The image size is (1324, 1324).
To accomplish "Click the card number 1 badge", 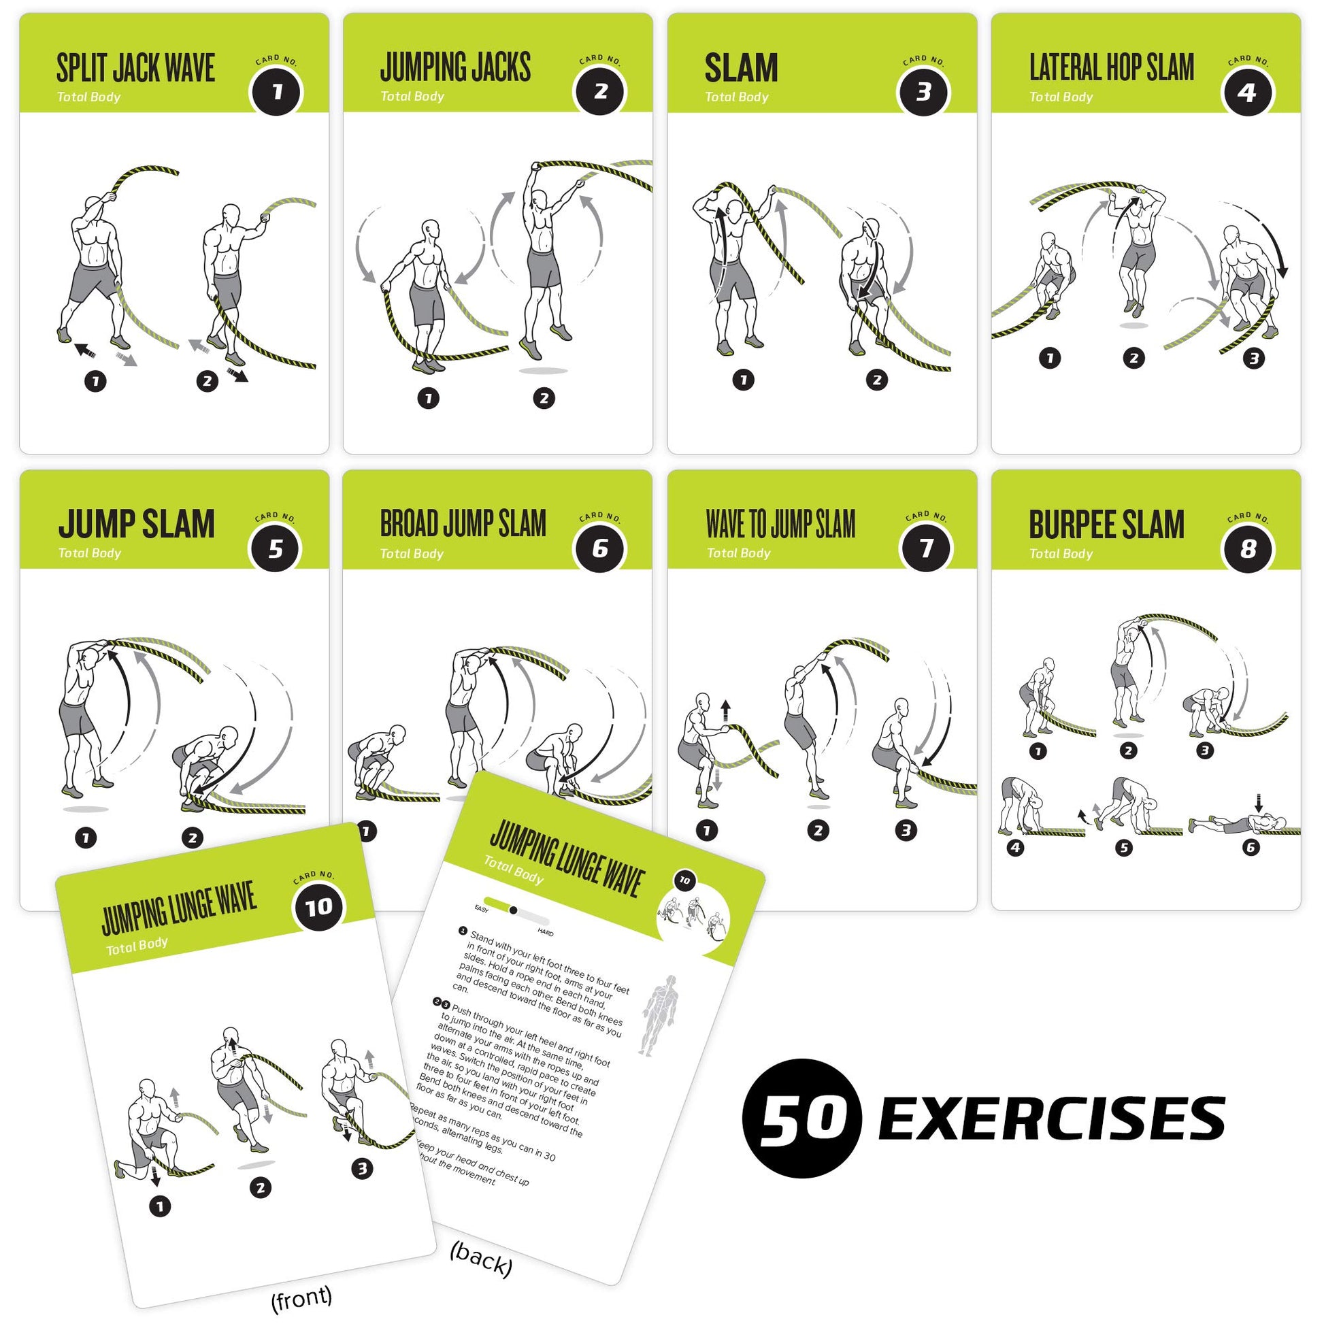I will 277,92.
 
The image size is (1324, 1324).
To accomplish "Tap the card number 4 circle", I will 1247,92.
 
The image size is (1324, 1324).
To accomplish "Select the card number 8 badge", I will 1248,548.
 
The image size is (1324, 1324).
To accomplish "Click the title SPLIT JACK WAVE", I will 135,69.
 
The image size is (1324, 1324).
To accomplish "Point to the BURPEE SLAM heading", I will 1106,525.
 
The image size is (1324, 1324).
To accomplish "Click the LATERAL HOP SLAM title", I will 1112,68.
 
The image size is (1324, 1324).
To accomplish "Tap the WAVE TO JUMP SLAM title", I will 780,525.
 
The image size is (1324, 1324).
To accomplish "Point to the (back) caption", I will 481,1259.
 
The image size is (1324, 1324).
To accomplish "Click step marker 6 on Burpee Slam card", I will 1251,848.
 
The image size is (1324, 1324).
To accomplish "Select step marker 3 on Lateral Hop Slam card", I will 1254,358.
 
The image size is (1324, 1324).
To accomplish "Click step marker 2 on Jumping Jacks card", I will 544,398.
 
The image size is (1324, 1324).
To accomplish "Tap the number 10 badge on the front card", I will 318,908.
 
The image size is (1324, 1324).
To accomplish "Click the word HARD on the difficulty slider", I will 546,932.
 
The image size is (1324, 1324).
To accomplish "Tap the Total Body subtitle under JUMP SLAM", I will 90,553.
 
